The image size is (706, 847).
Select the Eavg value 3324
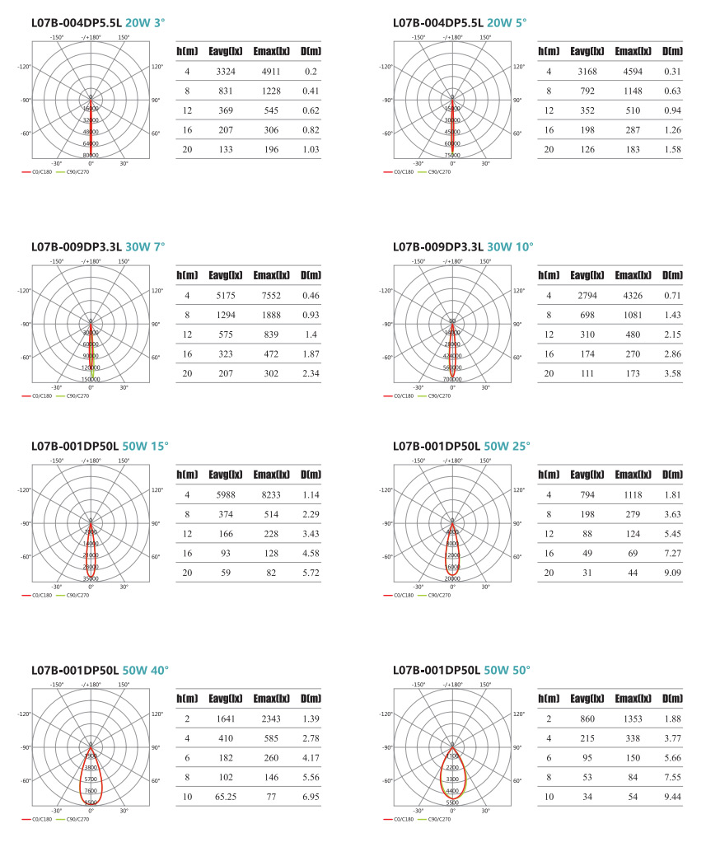point(220,72)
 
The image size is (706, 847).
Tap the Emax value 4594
point(637,72)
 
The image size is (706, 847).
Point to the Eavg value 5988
point(220,494)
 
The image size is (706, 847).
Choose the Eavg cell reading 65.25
point(220,798)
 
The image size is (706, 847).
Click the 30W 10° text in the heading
point(511,246)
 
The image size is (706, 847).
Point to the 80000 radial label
point(91,155)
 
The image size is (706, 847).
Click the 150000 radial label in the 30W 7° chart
point(91,379)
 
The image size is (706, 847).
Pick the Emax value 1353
point(637,719)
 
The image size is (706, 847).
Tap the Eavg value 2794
point(582,295)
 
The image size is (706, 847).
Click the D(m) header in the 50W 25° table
point(672,475)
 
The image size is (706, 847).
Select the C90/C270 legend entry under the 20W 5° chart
point(441,171)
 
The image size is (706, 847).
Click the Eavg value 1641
point(220,719)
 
